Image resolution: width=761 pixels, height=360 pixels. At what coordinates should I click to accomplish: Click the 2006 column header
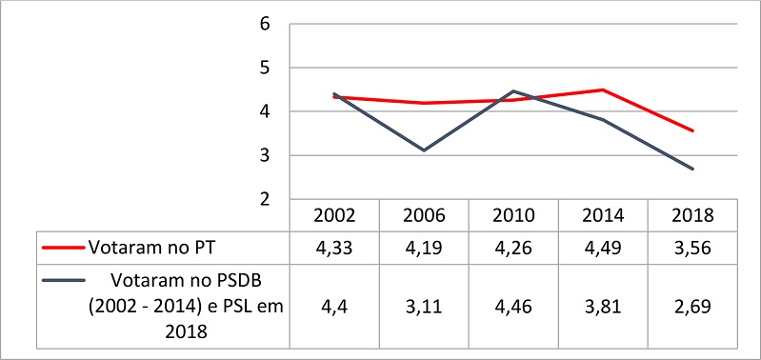pyautogui.click(x=424, y=215)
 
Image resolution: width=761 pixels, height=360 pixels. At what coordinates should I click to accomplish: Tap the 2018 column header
pyautogui.click(x=692, y=215)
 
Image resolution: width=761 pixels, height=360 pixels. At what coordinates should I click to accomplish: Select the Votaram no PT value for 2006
pyautogui.click(x=424, y=248)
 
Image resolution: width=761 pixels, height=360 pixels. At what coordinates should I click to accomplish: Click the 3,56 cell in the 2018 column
pyautogui.click(x=692, y=248)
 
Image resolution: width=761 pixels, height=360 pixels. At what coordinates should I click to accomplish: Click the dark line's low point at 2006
pyautogui.click(x=424, y=150)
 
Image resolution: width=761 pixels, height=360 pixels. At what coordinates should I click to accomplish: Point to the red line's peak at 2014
pyautogui.click(x=603, y=90)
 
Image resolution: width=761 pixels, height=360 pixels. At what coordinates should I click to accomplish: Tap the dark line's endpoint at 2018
pyautogui.click(x=692, y=169)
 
